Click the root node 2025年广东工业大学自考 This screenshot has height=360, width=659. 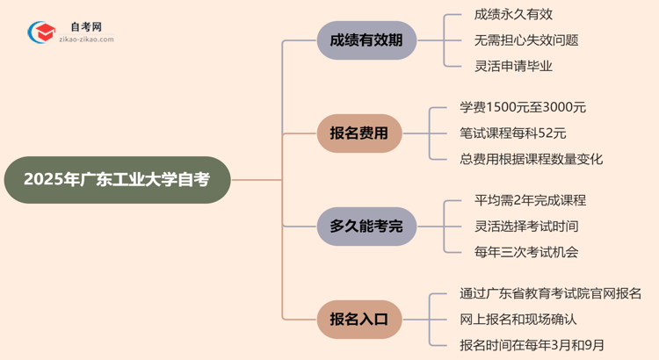[117, 180]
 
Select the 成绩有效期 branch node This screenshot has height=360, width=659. [366, 40]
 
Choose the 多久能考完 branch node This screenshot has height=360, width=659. [366, 227]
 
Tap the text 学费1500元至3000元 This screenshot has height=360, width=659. [523, 108]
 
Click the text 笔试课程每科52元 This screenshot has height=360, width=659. [513, 133]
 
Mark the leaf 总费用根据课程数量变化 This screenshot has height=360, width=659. [532, 159]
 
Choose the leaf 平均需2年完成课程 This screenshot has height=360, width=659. [524, 201]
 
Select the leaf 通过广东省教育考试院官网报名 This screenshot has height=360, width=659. [550, 294]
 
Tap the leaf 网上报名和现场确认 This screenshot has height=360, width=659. [518, 320]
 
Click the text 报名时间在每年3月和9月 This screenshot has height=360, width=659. [532, 345]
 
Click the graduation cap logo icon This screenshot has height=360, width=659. [40, 33]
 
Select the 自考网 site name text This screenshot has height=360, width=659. [85, 27]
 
